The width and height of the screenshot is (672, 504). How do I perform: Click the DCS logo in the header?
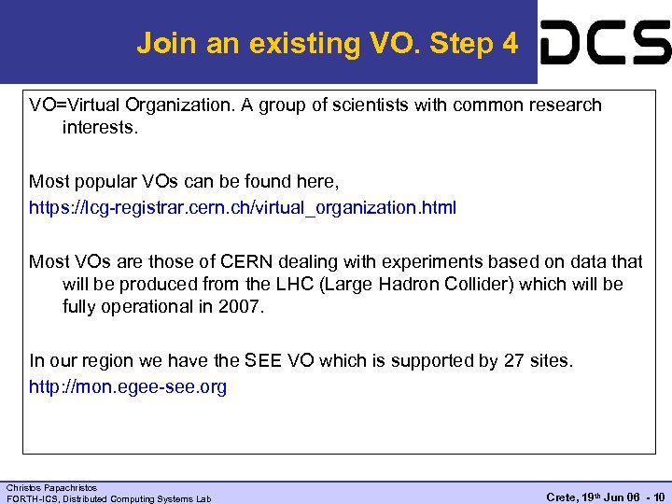click(606, 43)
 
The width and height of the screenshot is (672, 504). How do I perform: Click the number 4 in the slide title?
click(509, 43)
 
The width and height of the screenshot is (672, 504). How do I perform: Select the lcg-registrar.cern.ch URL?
click(243, 207)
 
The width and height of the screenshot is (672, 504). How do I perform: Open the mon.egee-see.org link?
click(128, 386)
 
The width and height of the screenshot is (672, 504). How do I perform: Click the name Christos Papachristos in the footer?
click(51, 487)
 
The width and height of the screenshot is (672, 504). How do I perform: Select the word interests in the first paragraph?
click(99, 127)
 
